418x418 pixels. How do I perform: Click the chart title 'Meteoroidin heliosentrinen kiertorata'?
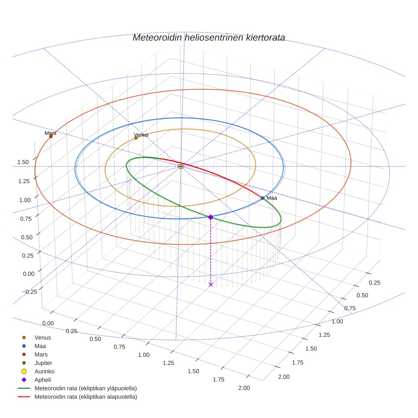click(x=209, y=38)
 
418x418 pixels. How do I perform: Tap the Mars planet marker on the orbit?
click(x=51, y=136)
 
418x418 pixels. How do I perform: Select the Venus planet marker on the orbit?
click(x=136, y=138)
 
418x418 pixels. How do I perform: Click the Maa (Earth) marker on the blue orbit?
click(x=263, y=198)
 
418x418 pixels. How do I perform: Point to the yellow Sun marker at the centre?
click(x=181, y=167)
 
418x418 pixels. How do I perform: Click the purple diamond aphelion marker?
click(x=211, y=217)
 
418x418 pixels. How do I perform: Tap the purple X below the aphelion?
click(x=211, y=285)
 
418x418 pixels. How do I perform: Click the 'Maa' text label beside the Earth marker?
click(x=272, y=198)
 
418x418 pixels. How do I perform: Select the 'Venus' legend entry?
click(x=42, y=338)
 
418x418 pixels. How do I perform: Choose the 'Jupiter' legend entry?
click(x=43, y=363)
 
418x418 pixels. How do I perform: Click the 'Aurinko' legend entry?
click(x=44, y=371)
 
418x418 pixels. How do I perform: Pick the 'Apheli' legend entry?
click(x=42, y=380)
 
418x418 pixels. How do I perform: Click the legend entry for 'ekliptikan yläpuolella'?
click(x=85, y=388)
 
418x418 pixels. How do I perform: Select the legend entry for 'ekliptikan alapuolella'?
click(x=85, y=397)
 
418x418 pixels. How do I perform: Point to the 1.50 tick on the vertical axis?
click(x=23, y=162)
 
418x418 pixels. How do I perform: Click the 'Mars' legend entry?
click(x=41, y=355)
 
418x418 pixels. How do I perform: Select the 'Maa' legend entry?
click(x=40, y=346)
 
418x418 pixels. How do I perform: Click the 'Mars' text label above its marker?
click(x=50, y=133)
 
